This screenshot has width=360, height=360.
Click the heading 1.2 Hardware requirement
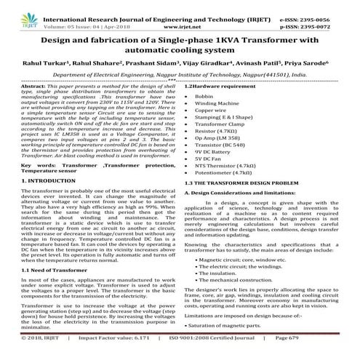pos(220,87)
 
